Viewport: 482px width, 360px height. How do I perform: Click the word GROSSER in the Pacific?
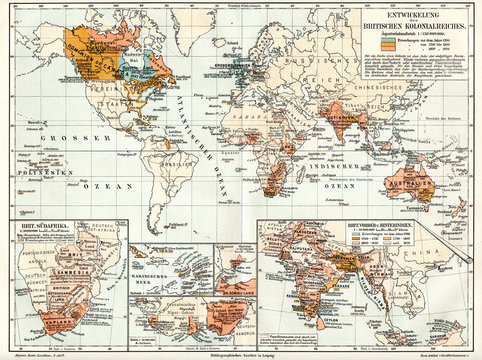[44, 137]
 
